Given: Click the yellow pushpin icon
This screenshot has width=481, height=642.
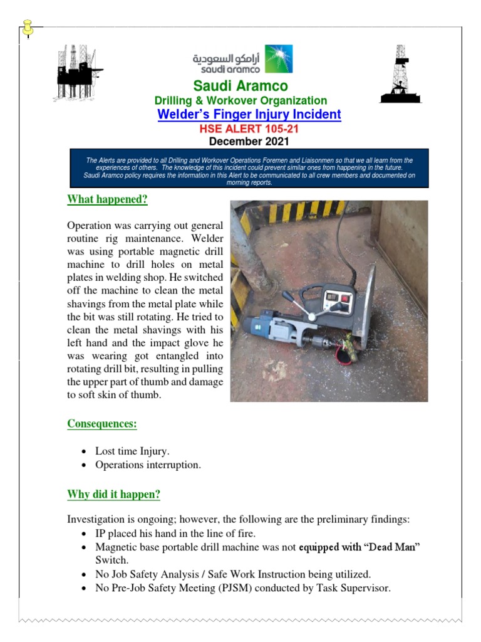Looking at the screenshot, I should coord(28,28).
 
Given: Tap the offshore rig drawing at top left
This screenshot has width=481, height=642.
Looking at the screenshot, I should coord(78,73).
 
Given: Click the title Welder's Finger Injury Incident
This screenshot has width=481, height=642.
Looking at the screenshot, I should coord(249,115).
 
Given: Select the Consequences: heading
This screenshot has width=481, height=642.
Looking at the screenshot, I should coord(102,424).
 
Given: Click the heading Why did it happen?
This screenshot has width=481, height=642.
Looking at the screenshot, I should coord(113,495).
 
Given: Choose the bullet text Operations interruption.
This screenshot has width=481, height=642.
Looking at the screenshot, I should coord(148,465).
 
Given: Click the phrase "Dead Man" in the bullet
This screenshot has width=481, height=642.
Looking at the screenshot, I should coord(391,547).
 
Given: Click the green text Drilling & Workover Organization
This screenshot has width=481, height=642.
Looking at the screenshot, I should coord(240,100).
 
